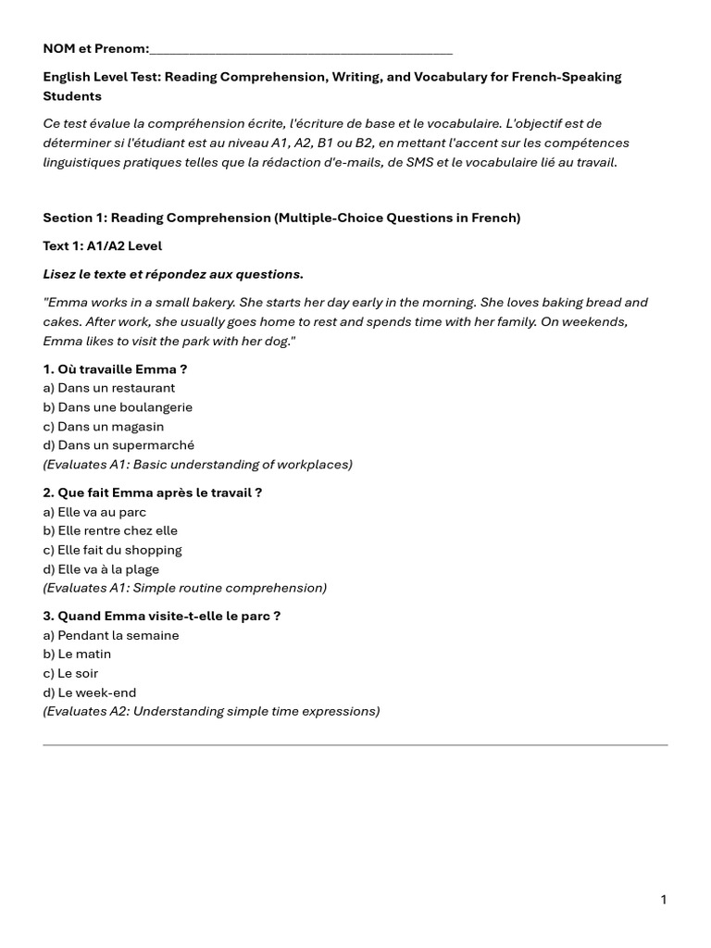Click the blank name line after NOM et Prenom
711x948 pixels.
300,49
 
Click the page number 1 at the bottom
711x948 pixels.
663,899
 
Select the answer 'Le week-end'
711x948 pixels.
90,692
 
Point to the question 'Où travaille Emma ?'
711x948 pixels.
116,368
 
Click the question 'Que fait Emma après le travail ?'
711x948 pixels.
153,493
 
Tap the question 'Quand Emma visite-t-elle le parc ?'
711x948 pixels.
162,616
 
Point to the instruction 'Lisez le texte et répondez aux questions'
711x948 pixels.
173,274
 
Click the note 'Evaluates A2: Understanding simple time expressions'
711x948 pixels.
211,711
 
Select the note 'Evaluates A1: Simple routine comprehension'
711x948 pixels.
185,588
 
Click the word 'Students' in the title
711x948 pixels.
72,95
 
